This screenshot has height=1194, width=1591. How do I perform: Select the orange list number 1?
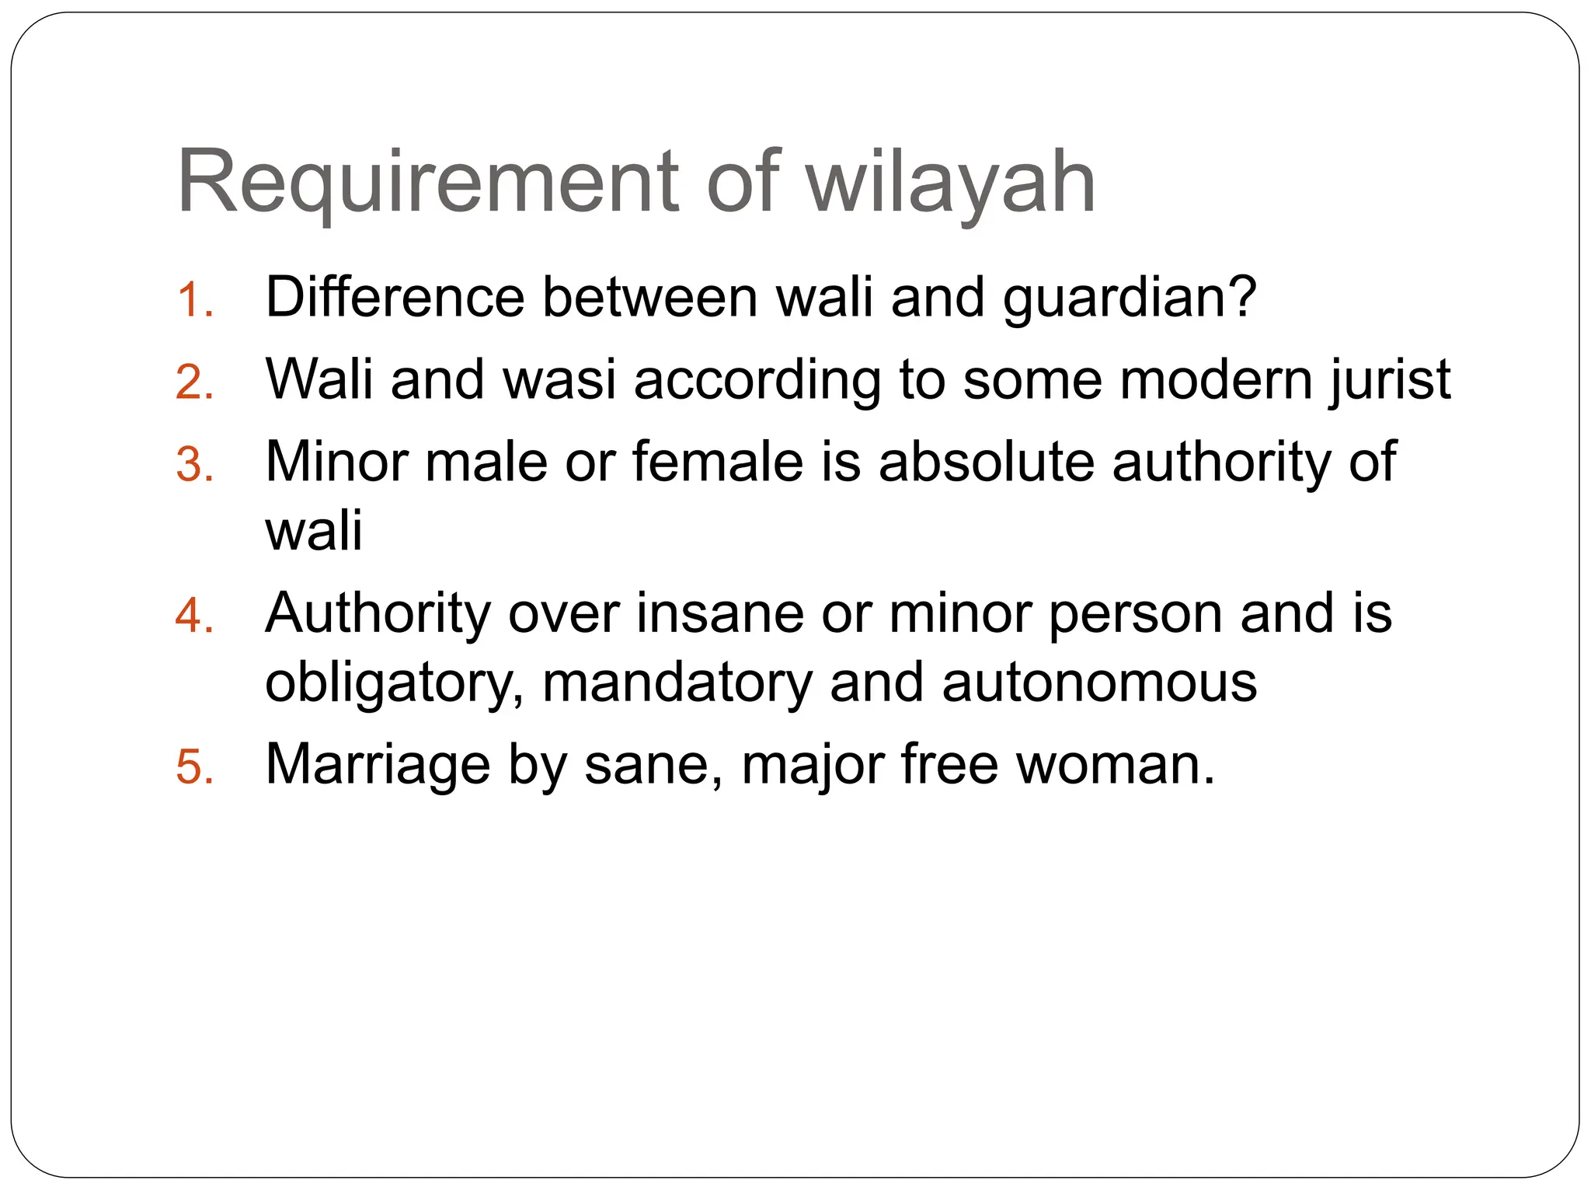193,300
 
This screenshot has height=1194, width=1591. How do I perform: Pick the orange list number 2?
194,382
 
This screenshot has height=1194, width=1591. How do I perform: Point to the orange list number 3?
194,465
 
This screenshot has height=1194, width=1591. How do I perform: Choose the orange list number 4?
194,616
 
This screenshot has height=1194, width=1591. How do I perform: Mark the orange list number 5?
194,767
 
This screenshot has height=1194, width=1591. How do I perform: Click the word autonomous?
1099,684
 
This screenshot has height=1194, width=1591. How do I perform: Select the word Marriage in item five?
378,766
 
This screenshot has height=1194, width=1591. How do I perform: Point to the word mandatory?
676,684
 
